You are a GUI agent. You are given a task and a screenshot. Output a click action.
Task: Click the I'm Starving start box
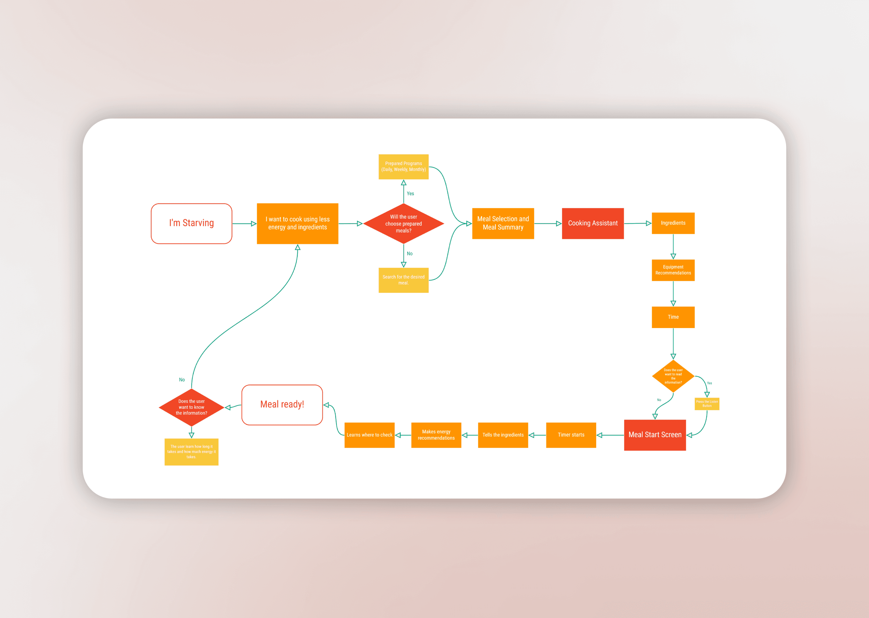191,223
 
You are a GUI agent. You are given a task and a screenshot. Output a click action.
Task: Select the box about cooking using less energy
298,223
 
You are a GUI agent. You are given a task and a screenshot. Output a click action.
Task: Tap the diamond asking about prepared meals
403,223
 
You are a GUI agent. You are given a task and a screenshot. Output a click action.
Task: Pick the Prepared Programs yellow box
403,167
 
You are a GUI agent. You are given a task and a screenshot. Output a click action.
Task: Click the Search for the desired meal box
403,280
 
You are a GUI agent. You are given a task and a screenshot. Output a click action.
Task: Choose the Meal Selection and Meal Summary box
503,223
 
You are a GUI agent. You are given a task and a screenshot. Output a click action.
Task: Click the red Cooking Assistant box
593,223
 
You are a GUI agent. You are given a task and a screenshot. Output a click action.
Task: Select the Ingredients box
673,223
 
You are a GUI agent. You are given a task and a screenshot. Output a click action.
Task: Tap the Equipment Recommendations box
673,270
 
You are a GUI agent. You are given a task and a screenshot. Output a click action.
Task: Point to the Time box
673,317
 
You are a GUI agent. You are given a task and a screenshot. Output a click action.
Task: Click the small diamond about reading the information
673,376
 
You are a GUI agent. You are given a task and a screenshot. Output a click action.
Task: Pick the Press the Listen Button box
707,404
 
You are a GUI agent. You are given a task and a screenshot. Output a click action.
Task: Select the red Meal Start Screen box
655,435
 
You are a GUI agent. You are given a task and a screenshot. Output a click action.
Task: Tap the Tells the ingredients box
503,435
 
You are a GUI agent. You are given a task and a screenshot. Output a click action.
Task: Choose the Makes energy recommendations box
436,435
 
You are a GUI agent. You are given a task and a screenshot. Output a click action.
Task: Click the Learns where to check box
369,435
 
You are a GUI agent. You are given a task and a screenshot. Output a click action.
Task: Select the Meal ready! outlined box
282,405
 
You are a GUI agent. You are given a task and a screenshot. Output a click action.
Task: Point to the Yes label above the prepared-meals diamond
410,194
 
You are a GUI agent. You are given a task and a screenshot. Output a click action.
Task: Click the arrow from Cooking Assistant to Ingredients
638,223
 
